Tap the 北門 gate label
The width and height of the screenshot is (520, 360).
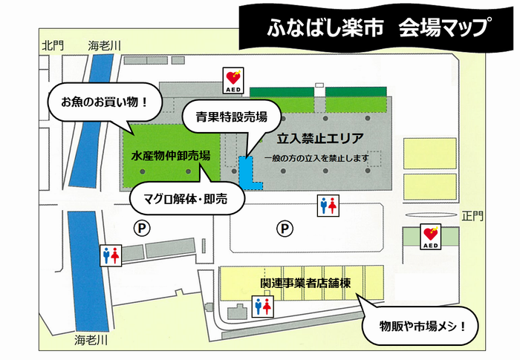tap(53, 46)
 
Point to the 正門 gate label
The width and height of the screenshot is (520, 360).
tap(472, 217)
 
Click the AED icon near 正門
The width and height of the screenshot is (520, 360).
tap(431, 236)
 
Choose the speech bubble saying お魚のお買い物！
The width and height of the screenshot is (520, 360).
tap(105, 101)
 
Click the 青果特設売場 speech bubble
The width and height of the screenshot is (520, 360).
tap(232, 117)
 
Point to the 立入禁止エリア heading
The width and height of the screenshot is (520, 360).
tap(319, 138)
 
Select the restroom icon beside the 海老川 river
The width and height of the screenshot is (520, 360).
tap(110, 256)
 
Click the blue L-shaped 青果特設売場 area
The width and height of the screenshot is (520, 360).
tap(247, 171)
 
